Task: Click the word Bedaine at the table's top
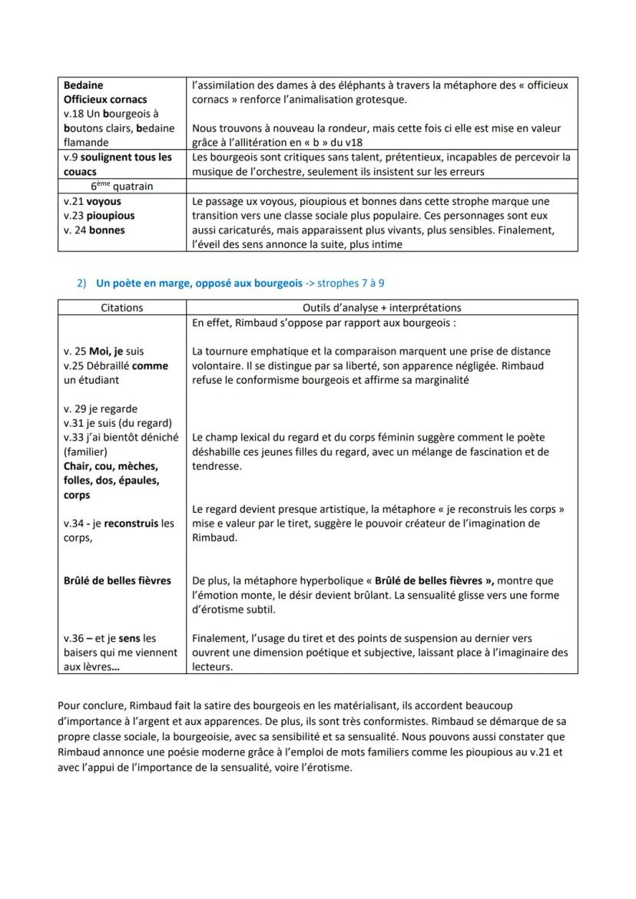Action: [x=83, y=85]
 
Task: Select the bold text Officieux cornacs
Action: [x=105, y=99]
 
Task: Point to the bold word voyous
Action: [x=104, y=201]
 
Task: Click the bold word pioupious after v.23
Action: [x=111, y=216]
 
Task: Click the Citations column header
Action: [x=122, y=308]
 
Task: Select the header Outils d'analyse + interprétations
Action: [x=382, y=308]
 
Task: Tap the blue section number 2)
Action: [x=81, y=283]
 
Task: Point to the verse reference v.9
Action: [x=72, y=157]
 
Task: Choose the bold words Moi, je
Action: [x=105, y=351]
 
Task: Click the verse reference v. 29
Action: [x=75, y=408]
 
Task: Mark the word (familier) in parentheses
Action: [x=86, y=452]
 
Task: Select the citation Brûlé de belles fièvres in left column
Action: [x=117, y=580]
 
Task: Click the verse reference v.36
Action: [x=72, y=638]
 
